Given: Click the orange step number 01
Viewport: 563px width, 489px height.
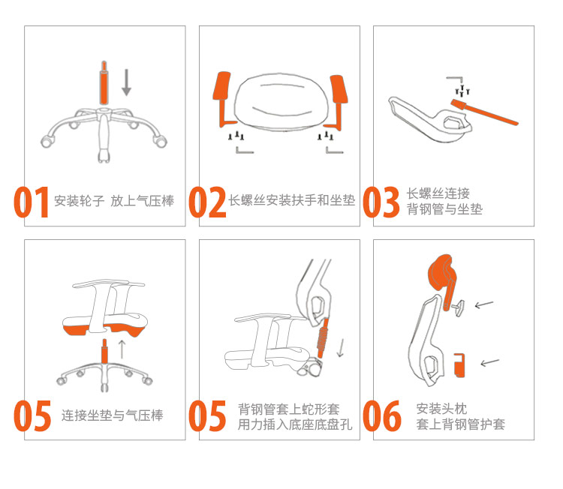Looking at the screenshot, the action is click(x=32, y=202).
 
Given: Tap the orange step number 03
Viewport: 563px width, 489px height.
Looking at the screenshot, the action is click(x=381, y=202).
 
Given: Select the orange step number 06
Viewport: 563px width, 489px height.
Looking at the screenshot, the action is click(x=381, y=415).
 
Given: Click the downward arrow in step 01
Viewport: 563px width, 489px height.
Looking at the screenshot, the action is click(x=126, y=82).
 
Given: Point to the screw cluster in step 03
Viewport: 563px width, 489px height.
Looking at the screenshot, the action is click(x=462, y=91).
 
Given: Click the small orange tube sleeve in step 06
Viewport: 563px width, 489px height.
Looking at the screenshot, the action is click(x=459, y=365).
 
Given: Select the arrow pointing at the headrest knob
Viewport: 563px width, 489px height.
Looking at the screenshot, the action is click(x=484, y=304).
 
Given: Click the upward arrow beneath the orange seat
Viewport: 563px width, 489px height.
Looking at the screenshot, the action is click(x=122, y=349).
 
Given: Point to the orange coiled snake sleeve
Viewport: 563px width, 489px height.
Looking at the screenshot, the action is click(x=324, y=337).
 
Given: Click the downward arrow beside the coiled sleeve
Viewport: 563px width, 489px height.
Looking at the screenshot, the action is click(x=340, y=348).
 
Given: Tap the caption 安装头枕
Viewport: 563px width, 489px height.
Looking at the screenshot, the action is click(x=441, y=408).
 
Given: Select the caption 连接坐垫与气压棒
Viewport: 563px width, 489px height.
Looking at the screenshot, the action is click(x=113, y=415).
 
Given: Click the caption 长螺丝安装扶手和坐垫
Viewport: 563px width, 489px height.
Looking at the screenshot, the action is click(x=292, y=200).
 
